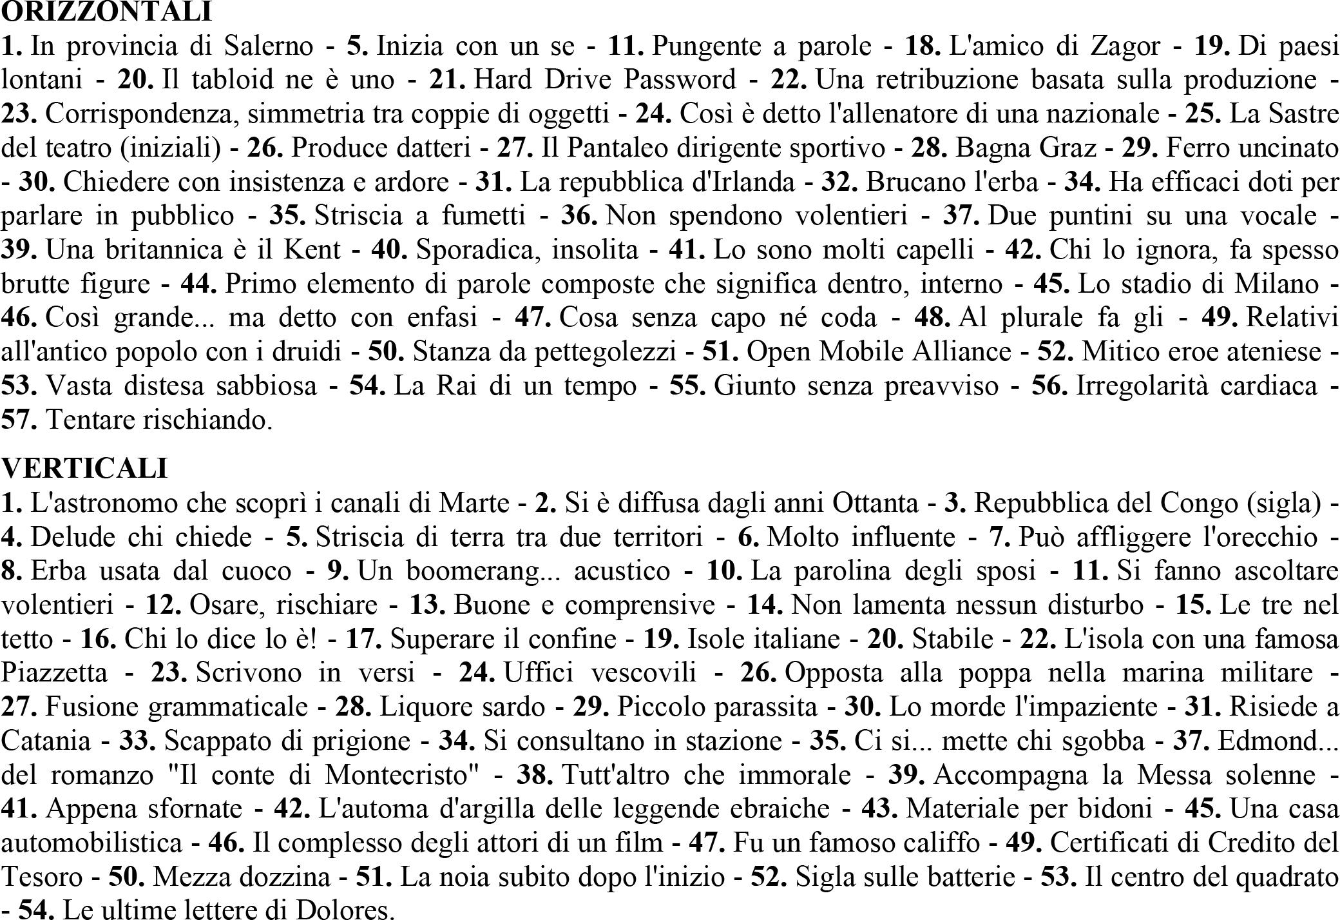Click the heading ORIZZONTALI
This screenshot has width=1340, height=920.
click(106, 12)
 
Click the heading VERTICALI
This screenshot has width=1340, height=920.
click(84, 468)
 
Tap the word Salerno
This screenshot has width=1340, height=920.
click(268, 46)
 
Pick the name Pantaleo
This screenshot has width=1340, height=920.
click(615, 148)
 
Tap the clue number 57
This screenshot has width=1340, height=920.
click(19, 420)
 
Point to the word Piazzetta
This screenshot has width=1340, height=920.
click(55, 672)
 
